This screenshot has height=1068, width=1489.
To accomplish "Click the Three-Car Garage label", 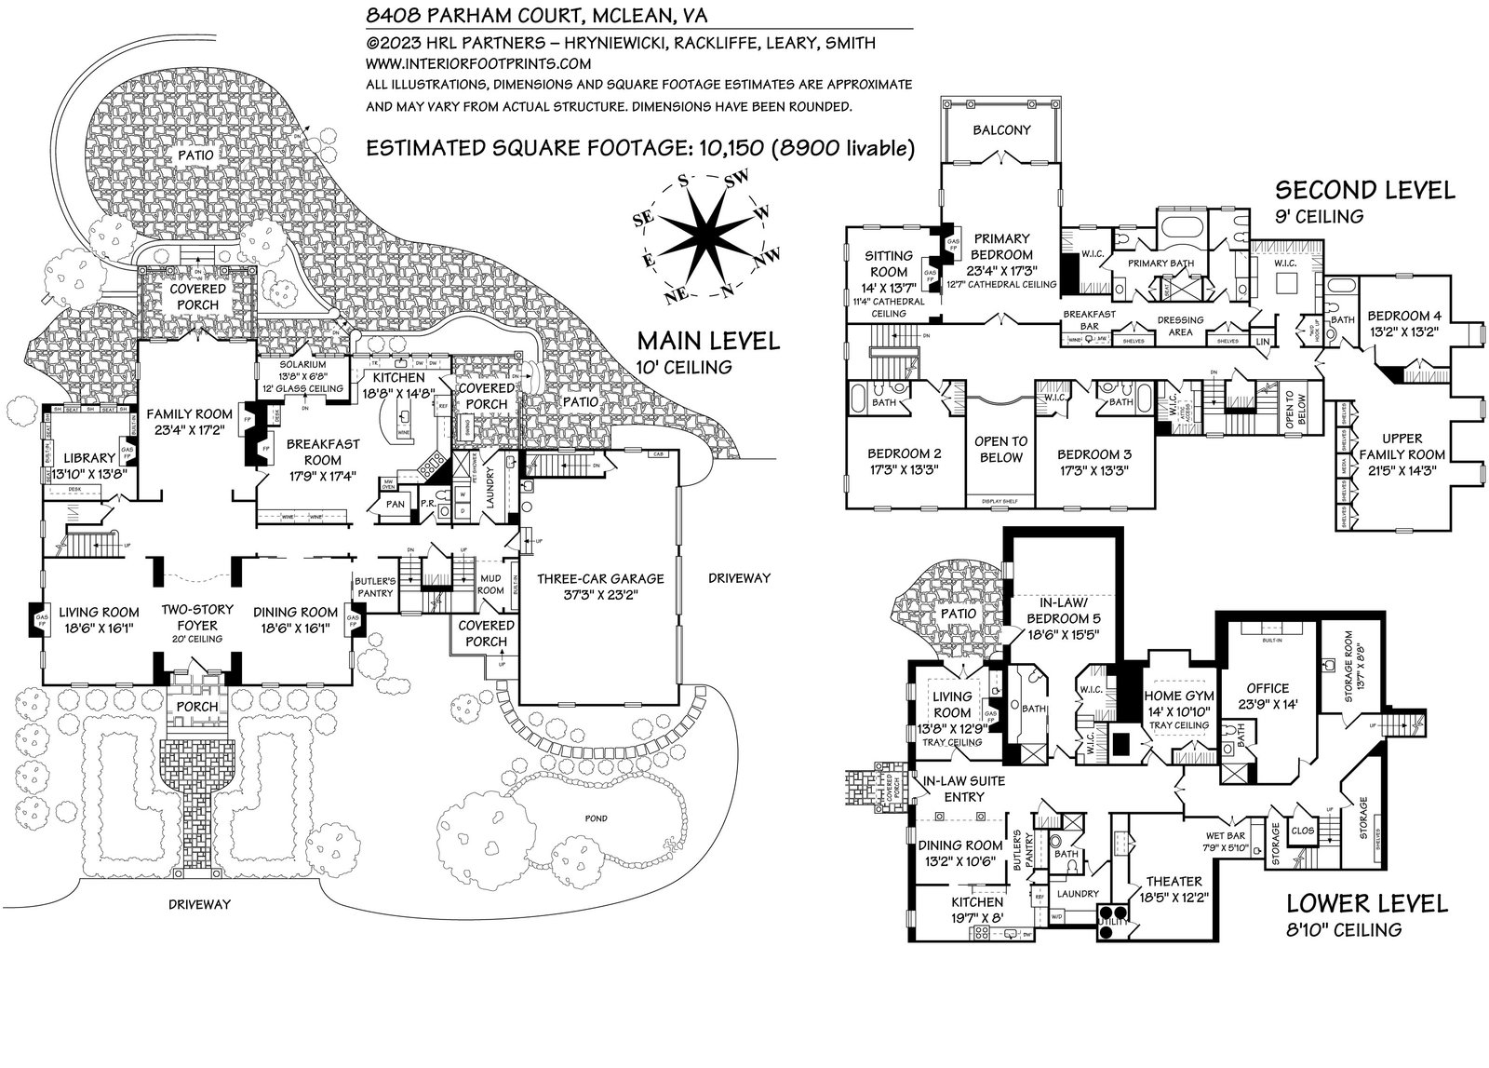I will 600,578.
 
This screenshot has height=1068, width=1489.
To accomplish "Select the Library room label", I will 88,457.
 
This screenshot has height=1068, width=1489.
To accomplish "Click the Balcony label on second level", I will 1001,129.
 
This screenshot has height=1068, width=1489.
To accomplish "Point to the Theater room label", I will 1174,881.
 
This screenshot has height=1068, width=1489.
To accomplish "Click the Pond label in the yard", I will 597,818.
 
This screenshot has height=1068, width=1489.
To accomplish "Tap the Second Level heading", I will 1364,191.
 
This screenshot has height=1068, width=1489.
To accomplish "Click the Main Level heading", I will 707,340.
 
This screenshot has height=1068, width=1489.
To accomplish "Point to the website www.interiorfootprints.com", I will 479,63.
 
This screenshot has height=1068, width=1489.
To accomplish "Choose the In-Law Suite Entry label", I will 963,787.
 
